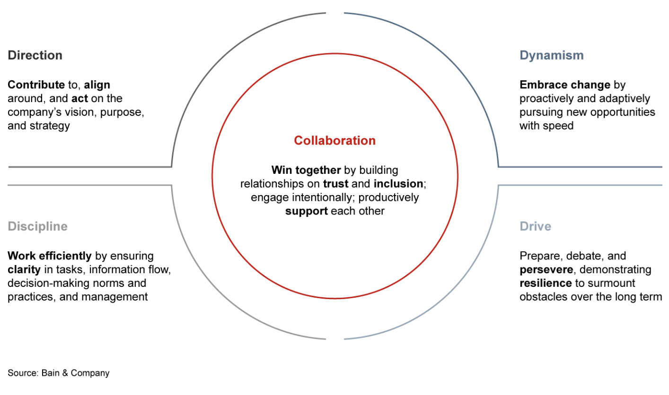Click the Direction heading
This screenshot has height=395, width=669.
coord(35,55)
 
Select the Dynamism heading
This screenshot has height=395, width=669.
coord(551,55)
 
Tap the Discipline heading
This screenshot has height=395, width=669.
coord(37,226)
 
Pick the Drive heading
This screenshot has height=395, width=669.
coord(535,226)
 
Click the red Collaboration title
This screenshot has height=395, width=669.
coord(334,140)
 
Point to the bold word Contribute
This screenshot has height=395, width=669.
coord(36,85)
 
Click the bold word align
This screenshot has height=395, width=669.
coord(97,85)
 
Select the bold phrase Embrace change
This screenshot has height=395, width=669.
coord(564,85)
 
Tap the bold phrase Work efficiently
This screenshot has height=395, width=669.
coord(49,256)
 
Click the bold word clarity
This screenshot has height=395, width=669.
coord(22,270)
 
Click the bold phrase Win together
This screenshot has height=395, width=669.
coord(306,170)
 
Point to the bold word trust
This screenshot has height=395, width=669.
coord(335,183)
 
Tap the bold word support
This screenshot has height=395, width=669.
coord(306,211)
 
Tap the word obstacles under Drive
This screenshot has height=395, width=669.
coord(541,297)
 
